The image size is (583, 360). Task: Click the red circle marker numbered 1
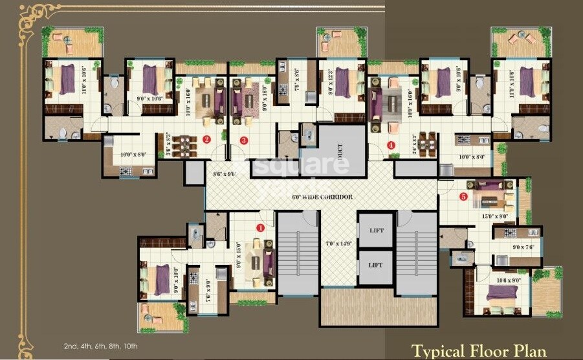[x=260, y=227]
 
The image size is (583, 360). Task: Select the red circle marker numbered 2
[x=207, y=139]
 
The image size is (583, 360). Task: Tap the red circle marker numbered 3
[x=244, y=139]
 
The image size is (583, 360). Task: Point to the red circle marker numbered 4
[x=391, y=145]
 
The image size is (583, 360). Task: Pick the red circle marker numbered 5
[x=463, y=197]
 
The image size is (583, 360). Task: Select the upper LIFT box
[x=376, y=230]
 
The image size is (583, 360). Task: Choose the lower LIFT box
[x=376, y=265]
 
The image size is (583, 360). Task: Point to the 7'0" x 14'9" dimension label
[x=338, y=243]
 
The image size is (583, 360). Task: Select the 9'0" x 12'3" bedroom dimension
[x=331, y=84]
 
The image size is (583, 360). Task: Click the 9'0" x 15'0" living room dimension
[x=239, y=251]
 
